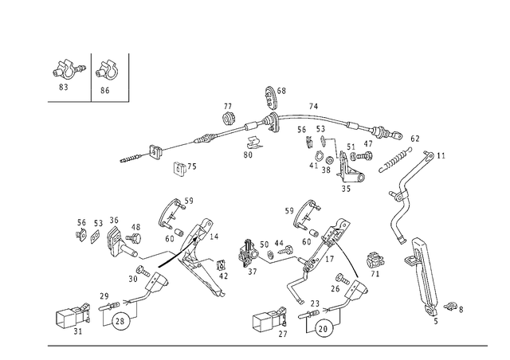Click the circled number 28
(120, 321)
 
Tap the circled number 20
(324, 329)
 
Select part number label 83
(64, 87)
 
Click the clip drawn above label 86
(106, 71)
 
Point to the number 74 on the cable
(313, 107)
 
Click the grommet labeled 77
(229, 118)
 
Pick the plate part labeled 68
(271, 96)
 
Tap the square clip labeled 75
(178, 168)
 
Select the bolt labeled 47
(364, 156)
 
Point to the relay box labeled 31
(73, 315)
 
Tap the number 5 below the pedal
(436, 321)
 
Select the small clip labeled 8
(451, 306)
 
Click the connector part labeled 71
(375, 260)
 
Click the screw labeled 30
(143, 270)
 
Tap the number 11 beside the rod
(441, 156)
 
